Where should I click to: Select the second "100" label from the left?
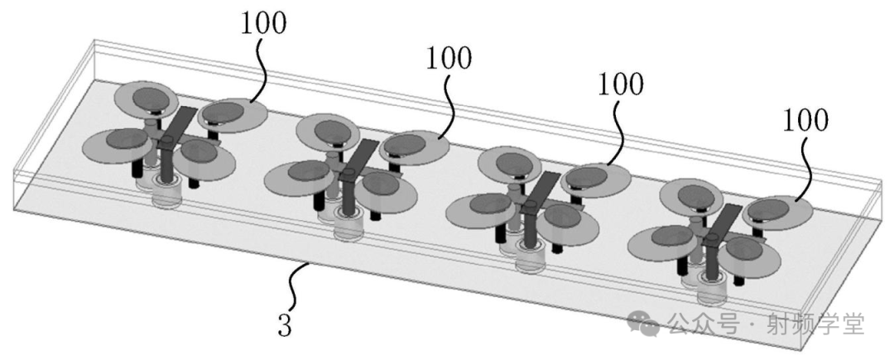(448, 57)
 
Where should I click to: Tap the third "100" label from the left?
(620, 84)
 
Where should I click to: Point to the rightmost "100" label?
(805, 120)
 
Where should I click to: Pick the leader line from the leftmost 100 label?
(260, 70)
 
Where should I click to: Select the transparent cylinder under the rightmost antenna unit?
(712, 290)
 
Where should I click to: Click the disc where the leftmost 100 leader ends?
(233, 116)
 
